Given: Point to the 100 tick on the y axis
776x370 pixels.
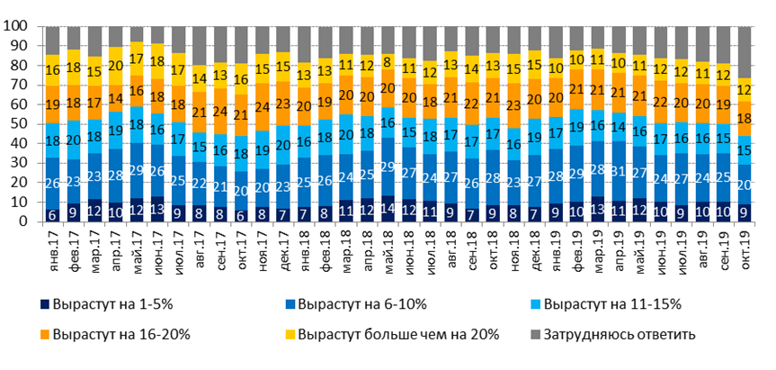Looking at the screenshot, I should (x=19, y=27).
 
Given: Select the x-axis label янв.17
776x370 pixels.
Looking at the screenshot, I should (x=53, y=247).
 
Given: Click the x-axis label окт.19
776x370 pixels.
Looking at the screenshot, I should (x=745, y=247).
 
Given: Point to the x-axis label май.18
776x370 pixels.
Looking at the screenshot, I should (x=388, y=247).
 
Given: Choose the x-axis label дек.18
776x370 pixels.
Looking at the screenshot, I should (x=535, y=247).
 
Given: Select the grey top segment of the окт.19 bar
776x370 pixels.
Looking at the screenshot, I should (x=745, y=52).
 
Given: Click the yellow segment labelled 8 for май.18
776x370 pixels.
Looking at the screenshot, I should (x=388, y=62).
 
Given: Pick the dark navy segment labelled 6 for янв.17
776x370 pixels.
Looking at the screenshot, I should (x=53, y=215).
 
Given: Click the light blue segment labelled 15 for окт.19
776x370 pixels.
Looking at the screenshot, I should (x=745, y=150).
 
